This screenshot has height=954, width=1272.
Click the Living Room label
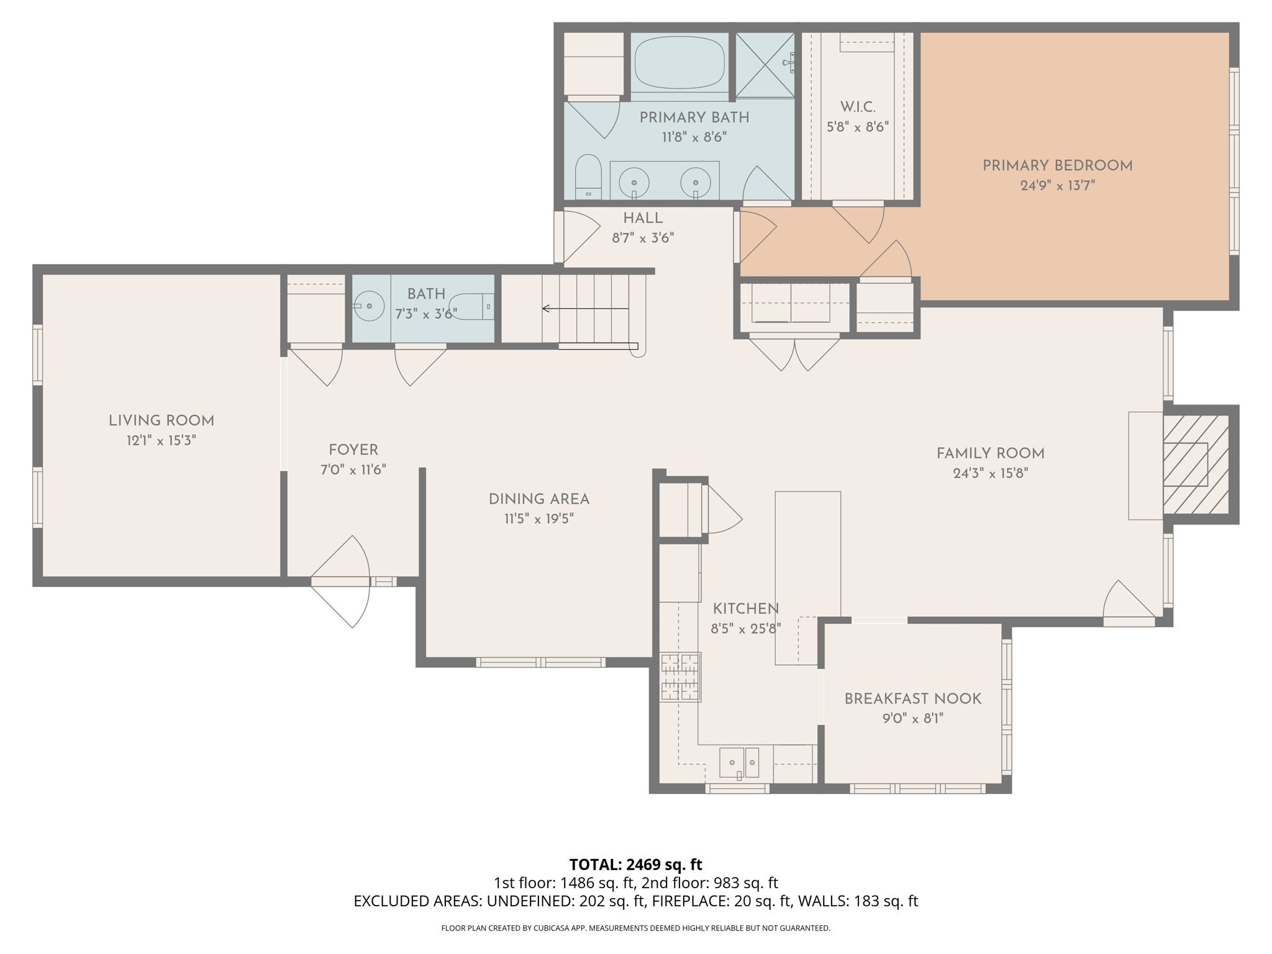(x=161, y=421)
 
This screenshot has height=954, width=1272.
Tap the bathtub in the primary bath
(x=679, y=62)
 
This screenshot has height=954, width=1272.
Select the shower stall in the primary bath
(x=765, y=65)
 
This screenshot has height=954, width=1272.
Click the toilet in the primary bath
(x=588, y=176)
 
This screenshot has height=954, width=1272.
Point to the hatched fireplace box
(x=1196, y=465)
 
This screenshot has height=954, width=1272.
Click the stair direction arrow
(x=584, y=309)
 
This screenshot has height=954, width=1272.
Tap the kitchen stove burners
(x=680, y=677)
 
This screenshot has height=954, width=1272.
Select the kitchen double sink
(x=739, y=763)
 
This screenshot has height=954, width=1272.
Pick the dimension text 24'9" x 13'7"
(x=1057, y=186)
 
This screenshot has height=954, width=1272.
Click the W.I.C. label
(x=858, y=107)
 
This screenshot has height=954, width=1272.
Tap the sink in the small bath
(x=370, y=306)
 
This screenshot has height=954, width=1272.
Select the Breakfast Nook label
(x=912, y=699)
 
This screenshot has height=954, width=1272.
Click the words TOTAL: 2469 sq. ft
(x=635, y=865)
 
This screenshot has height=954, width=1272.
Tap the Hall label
(x=643, y=219)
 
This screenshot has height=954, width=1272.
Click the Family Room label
(x=990, y=454)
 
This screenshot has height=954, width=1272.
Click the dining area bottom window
(x=540, y=663)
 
